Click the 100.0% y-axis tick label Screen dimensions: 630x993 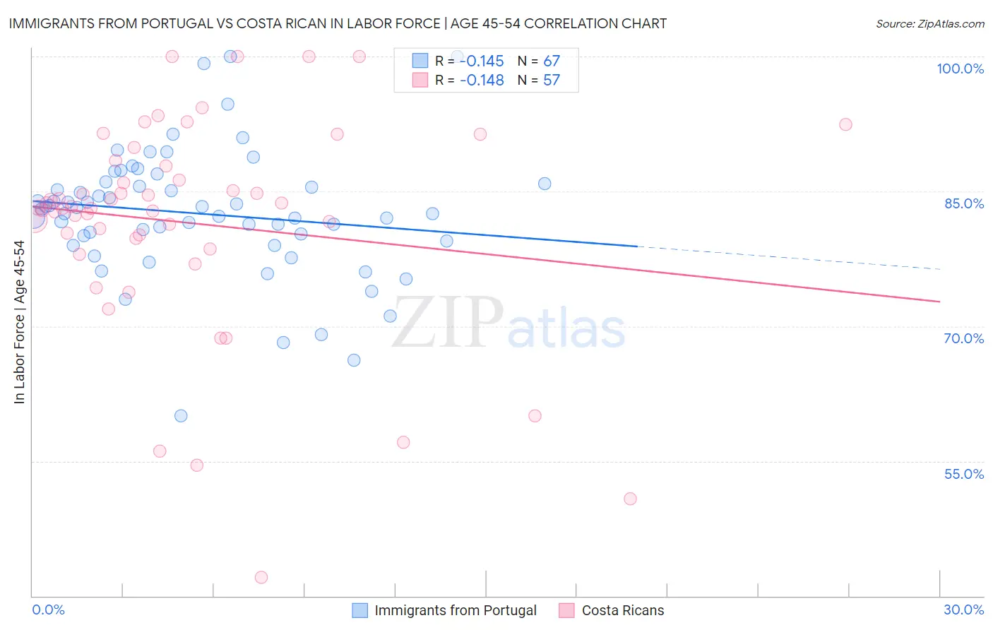(960, 69)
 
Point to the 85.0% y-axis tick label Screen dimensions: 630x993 (963, 203)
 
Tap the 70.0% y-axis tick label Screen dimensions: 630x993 (963, 338)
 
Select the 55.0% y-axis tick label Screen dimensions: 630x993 (963, 474)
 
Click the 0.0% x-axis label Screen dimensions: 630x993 (48, 610)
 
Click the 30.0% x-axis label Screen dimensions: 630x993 (963, 610)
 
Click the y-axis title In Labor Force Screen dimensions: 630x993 (19, 322)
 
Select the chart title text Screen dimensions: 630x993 (338, 23)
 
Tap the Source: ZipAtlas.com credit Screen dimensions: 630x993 (929, 23)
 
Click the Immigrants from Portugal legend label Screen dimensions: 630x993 (455, 610)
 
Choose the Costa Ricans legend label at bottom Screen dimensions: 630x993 (622, 610)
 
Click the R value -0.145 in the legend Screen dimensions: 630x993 (482, 61)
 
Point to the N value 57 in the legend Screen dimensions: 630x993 (551, 80)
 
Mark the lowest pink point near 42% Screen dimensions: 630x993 (261, 578)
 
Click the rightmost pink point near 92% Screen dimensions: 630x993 (845, 124)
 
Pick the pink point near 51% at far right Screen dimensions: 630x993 (630, 499)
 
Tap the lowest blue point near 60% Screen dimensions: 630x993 (181, 416)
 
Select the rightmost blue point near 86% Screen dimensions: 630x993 (545, 184)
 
